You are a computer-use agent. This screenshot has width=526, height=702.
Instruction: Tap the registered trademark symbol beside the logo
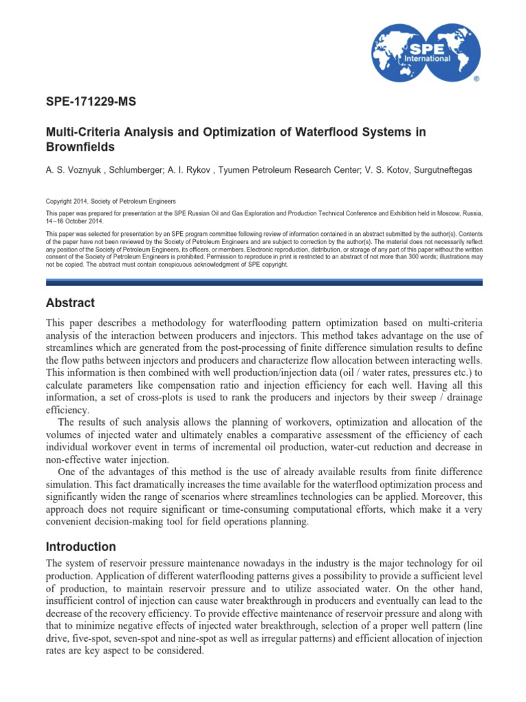[477, 80]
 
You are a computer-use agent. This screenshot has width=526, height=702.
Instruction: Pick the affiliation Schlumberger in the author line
[134, 169]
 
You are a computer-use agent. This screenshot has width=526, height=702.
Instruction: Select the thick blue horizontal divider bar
[264, 282]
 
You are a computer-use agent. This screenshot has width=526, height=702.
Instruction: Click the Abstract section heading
[70, 303]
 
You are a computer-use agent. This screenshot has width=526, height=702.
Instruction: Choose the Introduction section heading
[80, 547]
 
